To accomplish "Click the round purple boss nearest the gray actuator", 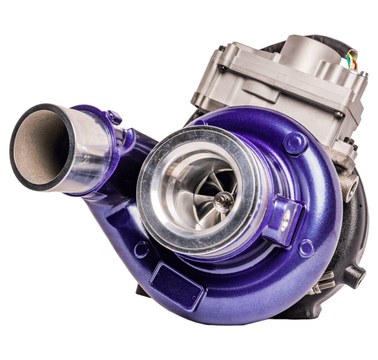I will [x=295, y=143].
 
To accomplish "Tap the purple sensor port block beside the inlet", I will [x=283, y=217].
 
